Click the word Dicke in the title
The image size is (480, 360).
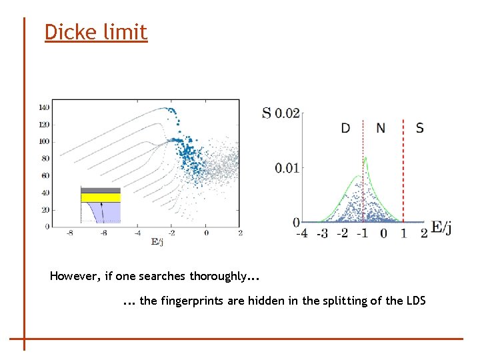[x=69, y=31]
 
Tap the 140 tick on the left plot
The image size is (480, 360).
[x=43, y=107]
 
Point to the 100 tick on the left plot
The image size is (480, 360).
[x=43, y=141]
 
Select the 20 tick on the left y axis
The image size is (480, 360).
[x=45, y=210]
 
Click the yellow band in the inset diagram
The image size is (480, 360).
[x=100, y=197]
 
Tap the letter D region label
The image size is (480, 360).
[x=345, y=128]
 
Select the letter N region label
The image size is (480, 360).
[x=381, y=128]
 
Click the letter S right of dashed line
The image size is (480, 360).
[x=419, y=128]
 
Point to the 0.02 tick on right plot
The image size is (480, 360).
[x=287, y=113]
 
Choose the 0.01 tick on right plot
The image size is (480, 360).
[x=287, y=167]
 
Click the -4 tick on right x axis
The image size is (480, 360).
[x=301, y=233]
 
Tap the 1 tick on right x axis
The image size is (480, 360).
[x=404, y=233]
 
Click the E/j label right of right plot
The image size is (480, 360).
[x=441, y=228]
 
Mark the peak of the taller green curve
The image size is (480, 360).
[x=365, y=158]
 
